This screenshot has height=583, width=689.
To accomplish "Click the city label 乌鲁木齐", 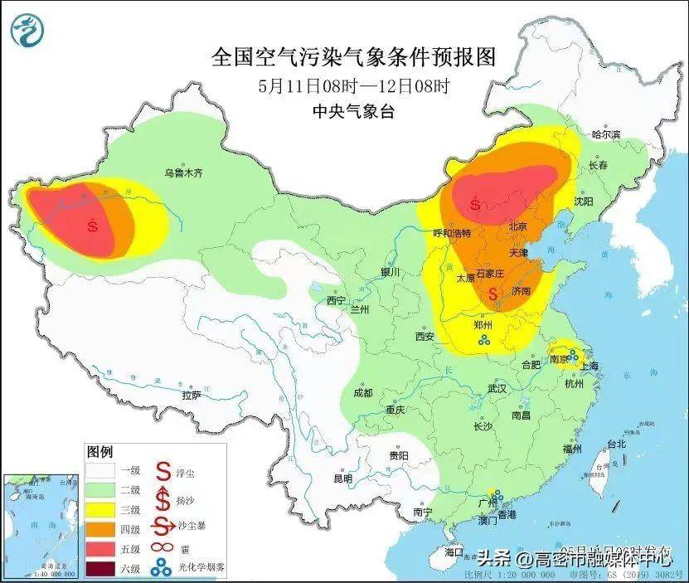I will point(183,173).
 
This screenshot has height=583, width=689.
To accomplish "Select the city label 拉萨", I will point(192,396).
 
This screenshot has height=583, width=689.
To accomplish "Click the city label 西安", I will point(425,337).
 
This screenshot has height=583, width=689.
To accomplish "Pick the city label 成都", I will point(363,392).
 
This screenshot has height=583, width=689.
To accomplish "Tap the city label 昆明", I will point(342,479).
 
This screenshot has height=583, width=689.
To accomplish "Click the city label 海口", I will point(453,551).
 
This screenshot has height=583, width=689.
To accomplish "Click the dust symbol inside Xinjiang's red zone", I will point(94,224).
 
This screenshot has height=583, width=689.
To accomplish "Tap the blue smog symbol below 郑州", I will point(483,339).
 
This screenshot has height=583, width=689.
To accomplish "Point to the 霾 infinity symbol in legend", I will point(158,548).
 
